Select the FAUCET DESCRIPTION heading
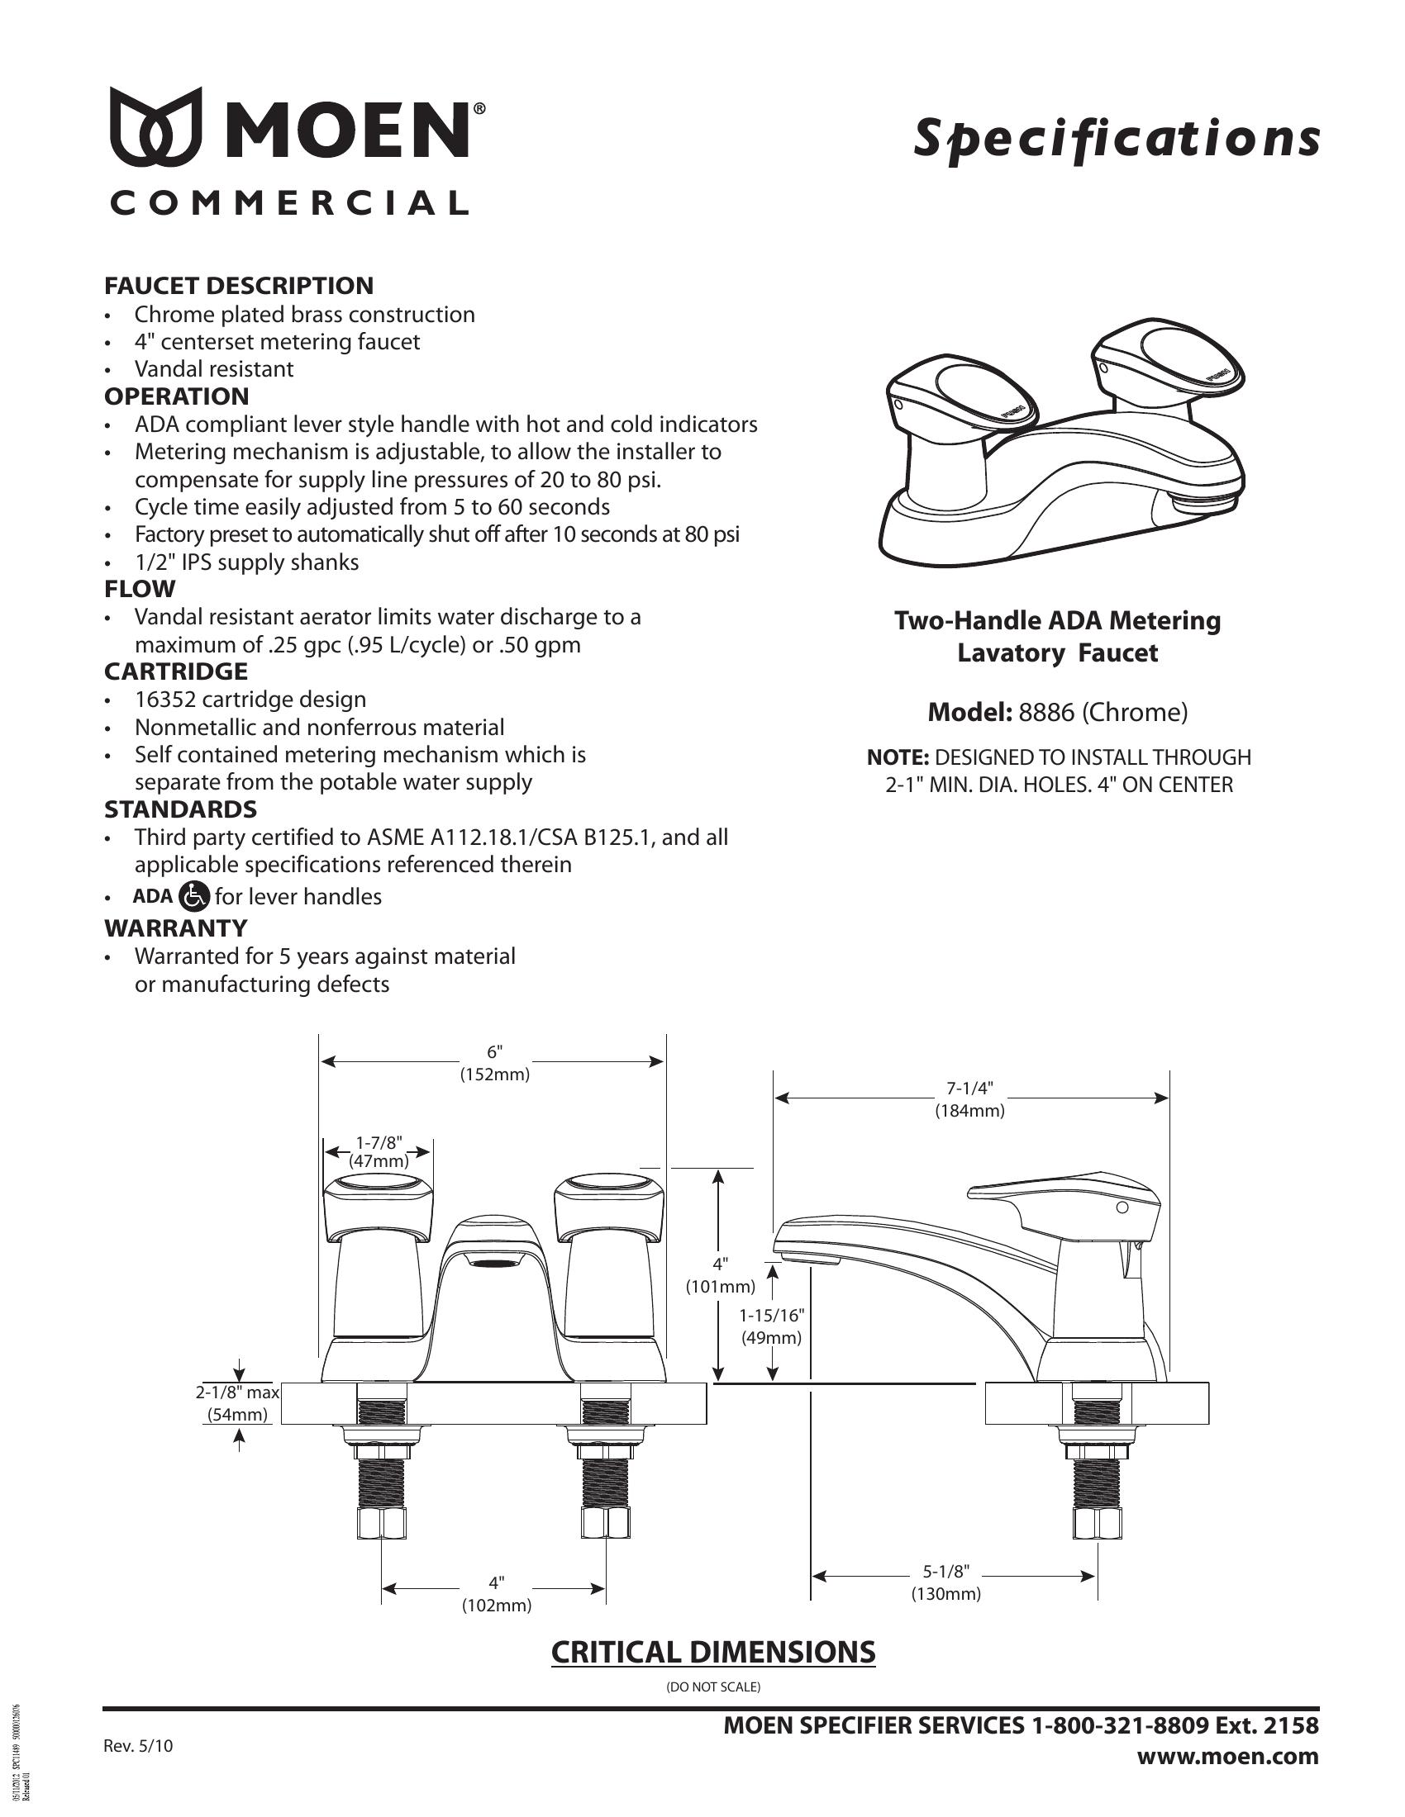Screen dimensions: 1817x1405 coord(239,286)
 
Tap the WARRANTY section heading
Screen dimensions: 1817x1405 coord(175,927)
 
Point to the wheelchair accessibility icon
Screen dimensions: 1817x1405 coord(195,896)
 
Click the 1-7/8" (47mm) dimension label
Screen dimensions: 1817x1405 coord(379,1152)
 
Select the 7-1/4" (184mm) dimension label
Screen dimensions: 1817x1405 coord(969,1099)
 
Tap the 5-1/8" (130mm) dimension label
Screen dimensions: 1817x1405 coord(945,1582)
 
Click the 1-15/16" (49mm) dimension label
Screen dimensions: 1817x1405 coord(772,1327)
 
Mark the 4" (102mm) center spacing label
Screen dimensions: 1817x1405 coord(496,1593)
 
